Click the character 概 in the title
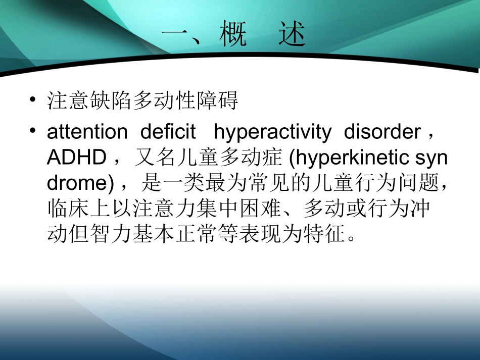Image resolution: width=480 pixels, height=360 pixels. (x=233, y=36)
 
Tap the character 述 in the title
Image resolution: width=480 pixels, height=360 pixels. (x=292, y=36)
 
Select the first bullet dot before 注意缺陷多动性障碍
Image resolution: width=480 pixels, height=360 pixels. (x=33, y=99)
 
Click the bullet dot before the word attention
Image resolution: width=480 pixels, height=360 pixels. (x=33, y=131)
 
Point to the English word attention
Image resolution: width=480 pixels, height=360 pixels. (x=87, y=133)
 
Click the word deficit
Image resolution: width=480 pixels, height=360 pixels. (x=168, y=133)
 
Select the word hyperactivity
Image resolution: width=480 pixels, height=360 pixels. (x=272, y=133)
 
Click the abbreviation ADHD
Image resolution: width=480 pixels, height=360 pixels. (x=76, y=159)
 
